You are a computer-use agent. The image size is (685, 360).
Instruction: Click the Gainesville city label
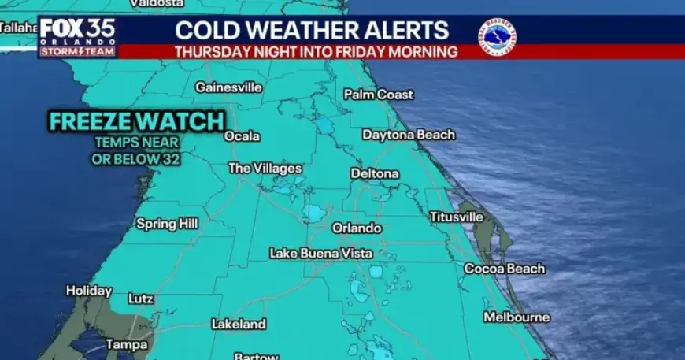pos(228,87)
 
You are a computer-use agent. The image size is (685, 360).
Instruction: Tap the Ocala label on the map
pos(242,136)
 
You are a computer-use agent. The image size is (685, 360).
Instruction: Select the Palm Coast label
pos(378,95)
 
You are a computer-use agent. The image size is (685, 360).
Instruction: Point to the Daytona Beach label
pos(408,135)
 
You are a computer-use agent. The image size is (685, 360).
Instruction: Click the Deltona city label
pos(374,173)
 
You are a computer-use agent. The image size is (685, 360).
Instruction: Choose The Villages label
pos(265,169)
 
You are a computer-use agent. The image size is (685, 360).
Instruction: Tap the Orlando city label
pos(356,228)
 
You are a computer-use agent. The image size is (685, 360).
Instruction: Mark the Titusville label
pos(456,217)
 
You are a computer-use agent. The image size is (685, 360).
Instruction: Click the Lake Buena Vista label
pos(319,254)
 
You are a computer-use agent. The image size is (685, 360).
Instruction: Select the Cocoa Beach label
pos(504,269)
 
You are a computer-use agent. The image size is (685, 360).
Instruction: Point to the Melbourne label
pos(516,317)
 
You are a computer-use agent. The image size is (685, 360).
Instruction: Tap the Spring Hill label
pos(167,224)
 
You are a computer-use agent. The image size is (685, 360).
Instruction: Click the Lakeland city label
pos(239,324)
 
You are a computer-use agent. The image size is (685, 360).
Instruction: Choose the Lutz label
pos(141,299)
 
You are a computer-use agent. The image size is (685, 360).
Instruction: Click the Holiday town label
pos(88,291)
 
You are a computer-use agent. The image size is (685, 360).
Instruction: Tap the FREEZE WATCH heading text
pos(137,122)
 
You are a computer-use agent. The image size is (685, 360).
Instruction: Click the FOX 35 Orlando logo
pos(77,36)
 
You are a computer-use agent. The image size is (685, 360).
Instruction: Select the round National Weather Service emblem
pos(497,36)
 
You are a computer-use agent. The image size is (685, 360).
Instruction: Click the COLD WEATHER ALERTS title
pos(312,31)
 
